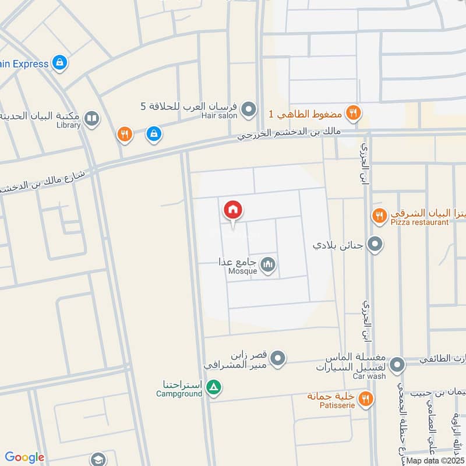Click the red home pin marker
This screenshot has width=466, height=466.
233,210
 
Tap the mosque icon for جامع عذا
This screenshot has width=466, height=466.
268,265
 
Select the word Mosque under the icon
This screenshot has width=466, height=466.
242,271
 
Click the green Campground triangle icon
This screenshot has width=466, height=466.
214,387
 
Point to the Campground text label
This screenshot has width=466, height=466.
179,394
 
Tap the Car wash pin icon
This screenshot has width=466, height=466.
397,365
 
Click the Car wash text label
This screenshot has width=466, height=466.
369,377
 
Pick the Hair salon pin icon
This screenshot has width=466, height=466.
249,109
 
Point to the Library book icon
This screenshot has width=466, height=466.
91,119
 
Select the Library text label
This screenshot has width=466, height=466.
69,125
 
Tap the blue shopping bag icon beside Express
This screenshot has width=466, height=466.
59,62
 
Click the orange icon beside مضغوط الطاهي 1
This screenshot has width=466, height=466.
353,113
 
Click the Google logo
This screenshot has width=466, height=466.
24,457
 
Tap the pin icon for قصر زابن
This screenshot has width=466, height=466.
278,357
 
